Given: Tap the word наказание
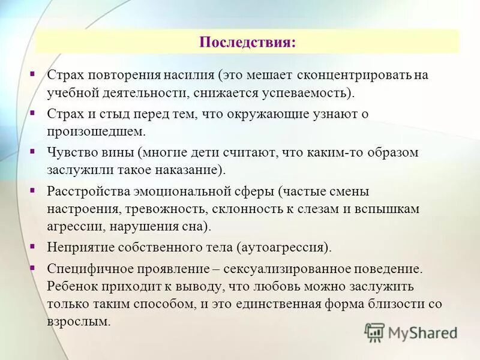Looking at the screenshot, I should coord(191,170).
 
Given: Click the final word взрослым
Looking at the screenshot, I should coord(79,321).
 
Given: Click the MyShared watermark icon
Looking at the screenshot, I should coord(374,332).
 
